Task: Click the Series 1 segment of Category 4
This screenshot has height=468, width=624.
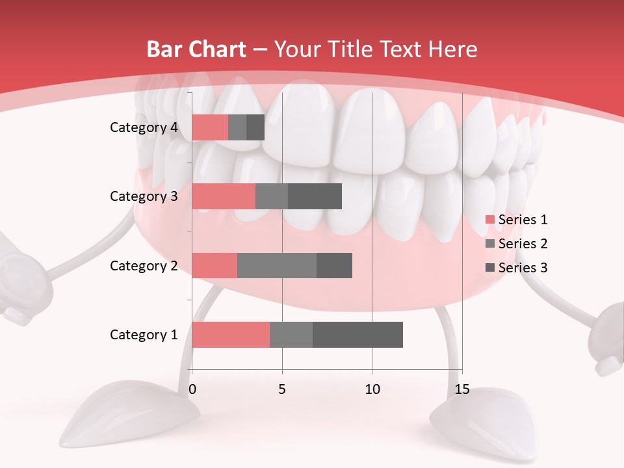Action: [210, 127]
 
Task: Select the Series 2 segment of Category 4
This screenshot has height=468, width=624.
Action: [237, 127]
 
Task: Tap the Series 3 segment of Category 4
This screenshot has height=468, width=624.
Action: [255, 127]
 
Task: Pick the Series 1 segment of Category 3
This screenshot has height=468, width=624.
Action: [224, 196]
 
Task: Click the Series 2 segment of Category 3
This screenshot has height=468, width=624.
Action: [272, 196]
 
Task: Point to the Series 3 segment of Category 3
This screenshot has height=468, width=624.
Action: [315, 196]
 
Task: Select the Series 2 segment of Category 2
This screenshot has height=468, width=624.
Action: [277, 265]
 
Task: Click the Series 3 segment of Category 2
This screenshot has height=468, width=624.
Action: [334, 265]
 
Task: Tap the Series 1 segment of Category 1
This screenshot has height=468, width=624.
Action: [231, 335]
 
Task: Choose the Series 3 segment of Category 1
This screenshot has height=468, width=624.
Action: [357, 335]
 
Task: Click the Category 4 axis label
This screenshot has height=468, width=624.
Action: [144, 127]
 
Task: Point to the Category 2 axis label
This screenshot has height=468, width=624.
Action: [144, 266]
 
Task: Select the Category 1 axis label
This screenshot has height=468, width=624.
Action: [144, 335]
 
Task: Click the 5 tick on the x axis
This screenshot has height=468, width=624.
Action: [282, 389]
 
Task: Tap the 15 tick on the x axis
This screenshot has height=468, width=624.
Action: [461, 389]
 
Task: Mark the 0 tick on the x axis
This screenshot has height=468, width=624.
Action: [192, 389]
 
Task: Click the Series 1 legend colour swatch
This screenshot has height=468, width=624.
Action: [489, 220]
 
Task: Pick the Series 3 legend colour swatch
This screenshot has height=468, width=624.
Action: [489, 268]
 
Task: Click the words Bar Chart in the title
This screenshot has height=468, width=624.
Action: [196, 49]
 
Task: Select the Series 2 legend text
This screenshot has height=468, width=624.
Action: [523, 244]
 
